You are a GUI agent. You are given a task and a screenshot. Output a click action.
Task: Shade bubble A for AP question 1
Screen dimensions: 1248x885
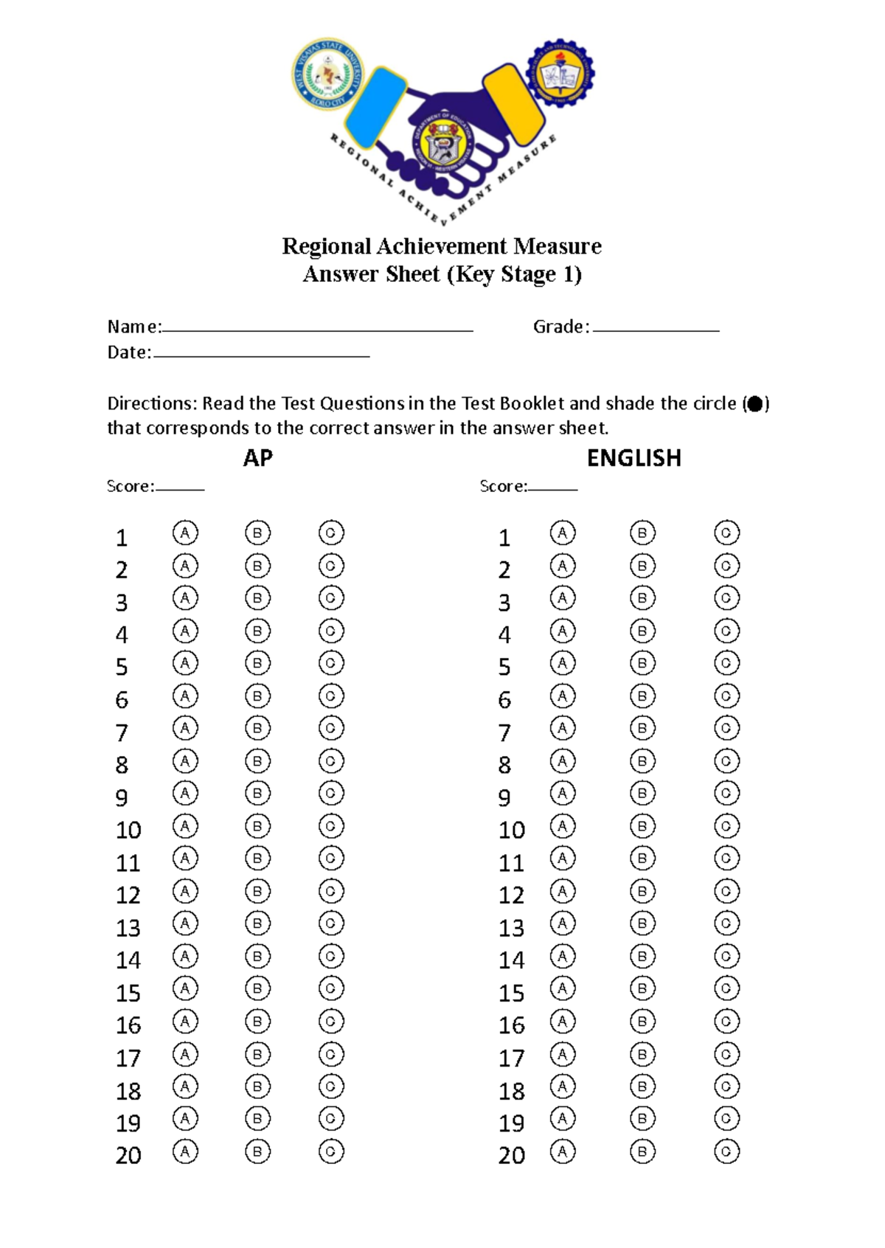185,533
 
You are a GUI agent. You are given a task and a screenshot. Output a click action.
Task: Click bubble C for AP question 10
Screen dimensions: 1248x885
331,826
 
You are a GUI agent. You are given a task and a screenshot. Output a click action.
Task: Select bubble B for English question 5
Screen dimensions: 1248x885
642,663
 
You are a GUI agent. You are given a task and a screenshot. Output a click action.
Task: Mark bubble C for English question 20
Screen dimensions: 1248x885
726,1151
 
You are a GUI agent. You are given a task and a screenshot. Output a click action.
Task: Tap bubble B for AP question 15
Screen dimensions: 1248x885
257,988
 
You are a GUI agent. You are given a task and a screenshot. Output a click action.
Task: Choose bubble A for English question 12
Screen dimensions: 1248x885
563,891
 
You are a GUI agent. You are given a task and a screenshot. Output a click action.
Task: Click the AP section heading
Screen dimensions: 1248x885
257,458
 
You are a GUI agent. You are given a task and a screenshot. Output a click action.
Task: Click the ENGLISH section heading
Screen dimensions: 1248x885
634,458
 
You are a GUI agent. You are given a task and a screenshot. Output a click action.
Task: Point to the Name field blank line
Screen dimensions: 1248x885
317,330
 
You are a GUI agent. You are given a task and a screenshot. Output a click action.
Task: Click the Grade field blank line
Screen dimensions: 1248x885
656,330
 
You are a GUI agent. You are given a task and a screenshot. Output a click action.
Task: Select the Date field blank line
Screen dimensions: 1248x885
261,356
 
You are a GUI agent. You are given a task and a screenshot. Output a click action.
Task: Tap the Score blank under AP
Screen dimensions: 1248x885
180,488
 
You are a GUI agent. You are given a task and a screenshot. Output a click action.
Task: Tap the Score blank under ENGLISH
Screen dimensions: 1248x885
553,488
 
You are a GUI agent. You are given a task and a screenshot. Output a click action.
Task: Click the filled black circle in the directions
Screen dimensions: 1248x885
755,404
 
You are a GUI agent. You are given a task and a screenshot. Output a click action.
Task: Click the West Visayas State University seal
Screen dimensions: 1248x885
325,74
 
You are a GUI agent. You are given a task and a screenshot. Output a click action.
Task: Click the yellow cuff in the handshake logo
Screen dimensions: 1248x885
514,104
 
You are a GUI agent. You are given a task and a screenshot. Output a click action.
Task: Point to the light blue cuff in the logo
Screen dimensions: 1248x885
375,108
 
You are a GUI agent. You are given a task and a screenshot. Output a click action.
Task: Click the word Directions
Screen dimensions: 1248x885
151,403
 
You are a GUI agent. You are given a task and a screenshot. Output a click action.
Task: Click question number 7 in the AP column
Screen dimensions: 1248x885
122,732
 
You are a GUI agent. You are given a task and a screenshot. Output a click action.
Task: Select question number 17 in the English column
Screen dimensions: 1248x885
511,1058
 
